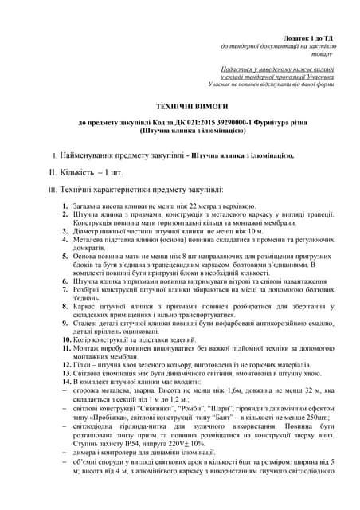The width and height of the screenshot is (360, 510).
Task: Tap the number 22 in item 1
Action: pyautogui.click(x=209, y=206)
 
